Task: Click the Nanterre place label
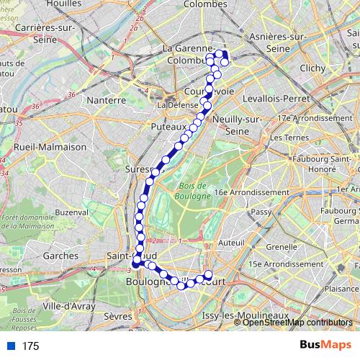(106, 100)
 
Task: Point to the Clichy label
(313, 68)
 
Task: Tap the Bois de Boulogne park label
(193, 191)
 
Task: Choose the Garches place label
(60, 255)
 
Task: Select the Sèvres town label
(118, 316)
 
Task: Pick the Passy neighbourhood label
(261, 212)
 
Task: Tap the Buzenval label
(71, 212)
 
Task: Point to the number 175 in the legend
(30, 346)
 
